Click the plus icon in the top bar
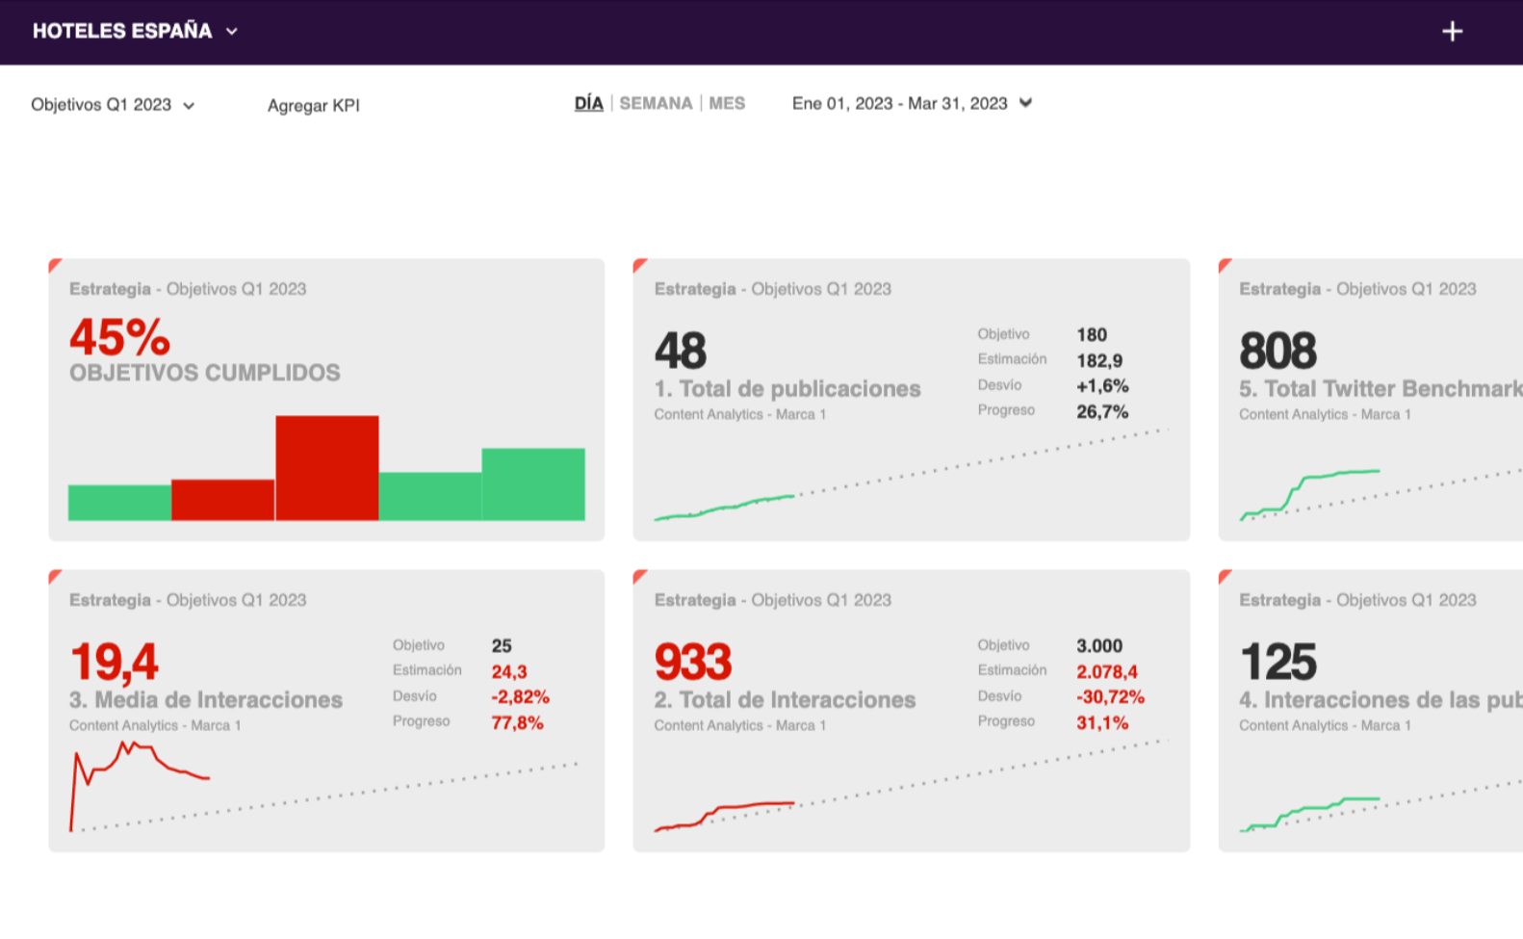pos(1452,32)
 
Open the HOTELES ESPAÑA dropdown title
pos(135,31)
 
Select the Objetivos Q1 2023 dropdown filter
pos(113,105)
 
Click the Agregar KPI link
pos(313,106)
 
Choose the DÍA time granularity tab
pos(588,103)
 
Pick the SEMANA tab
pos(656,103)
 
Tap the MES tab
pos(727,103)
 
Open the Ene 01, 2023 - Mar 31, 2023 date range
pos(911,103)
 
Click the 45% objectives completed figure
pos(119,338)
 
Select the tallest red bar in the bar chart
pos(327,468)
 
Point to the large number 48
pos(681,351)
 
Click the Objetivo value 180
pos(1092,335)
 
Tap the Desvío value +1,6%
pos(1102,386)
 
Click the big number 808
pos(1278,351)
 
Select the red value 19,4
pos(114,662)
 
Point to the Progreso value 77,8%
pos(517,722)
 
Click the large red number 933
pos(693,662)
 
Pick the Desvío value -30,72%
pos(1110,697)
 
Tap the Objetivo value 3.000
pos(1099,646)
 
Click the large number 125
pos(1278,662)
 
